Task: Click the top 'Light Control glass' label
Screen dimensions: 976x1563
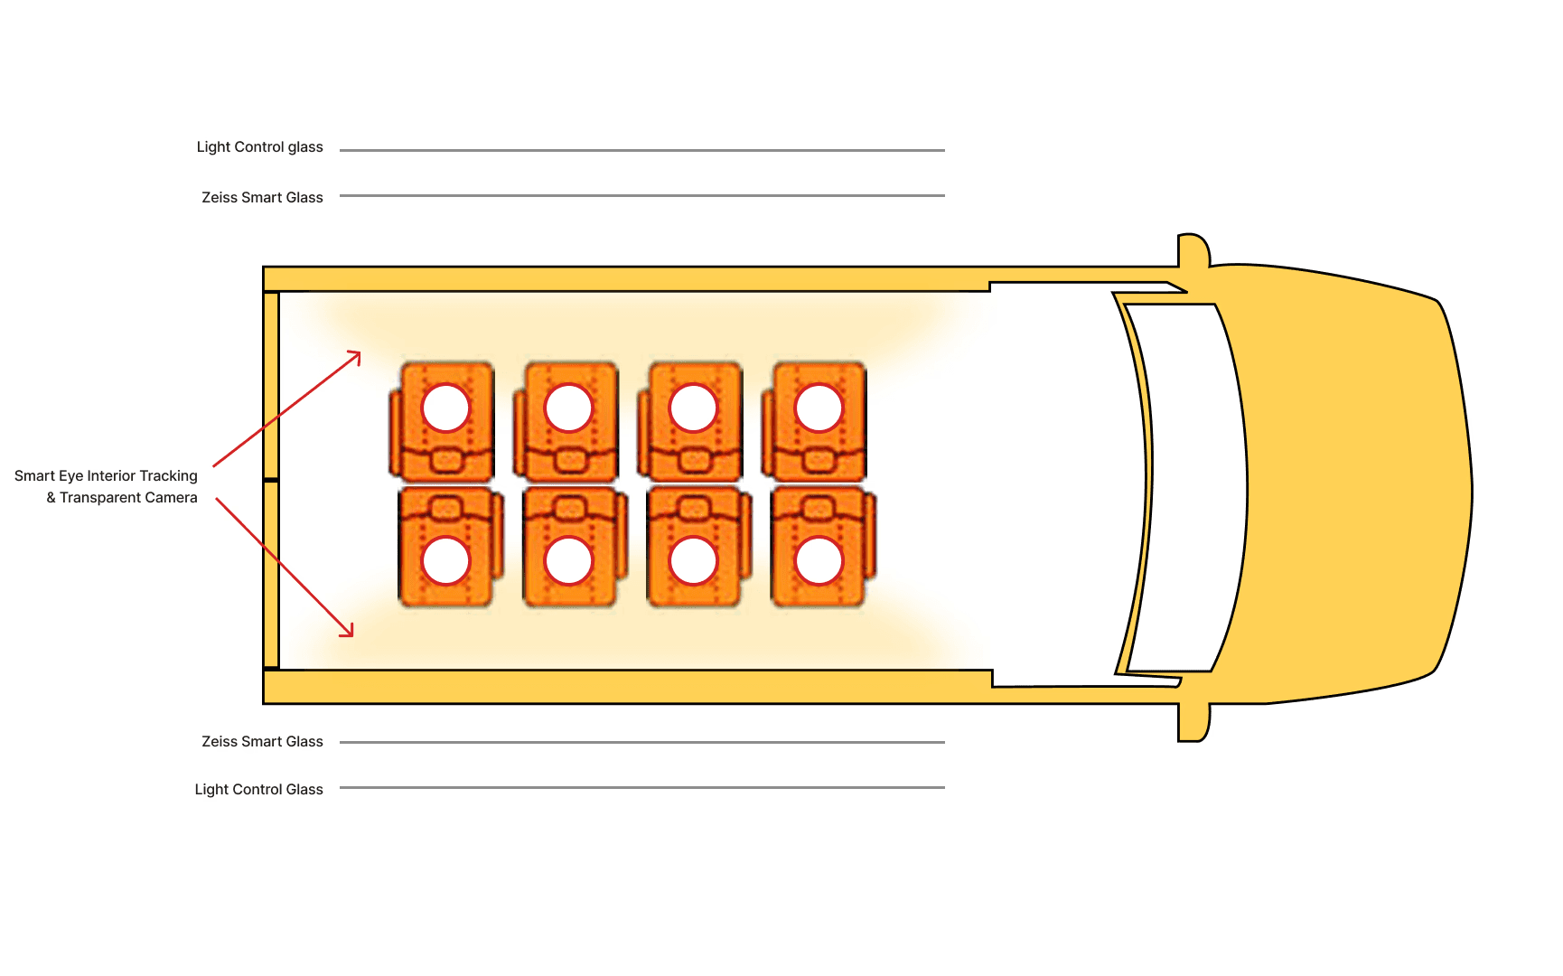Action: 259,147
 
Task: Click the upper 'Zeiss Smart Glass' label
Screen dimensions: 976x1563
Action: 262,197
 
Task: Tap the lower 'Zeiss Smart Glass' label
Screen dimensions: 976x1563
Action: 262,742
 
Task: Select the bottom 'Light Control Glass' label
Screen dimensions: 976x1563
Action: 258,790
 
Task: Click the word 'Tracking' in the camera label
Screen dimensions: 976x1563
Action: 168,476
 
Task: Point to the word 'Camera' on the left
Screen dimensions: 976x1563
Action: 171,498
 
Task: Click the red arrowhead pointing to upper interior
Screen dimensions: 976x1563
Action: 356,356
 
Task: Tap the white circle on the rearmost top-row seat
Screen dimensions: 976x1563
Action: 446,408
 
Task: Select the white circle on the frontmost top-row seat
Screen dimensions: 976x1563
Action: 819,408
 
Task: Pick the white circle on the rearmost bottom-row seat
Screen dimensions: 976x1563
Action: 446,561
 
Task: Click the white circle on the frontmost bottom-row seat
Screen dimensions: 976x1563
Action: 819,561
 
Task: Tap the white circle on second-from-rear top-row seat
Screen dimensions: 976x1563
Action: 568,408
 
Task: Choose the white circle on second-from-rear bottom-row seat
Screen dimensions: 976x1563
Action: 568,561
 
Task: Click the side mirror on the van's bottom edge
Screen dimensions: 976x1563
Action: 1193,723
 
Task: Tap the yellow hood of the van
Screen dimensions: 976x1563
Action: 1355,488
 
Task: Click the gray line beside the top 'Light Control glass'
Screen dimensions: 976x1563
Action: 641,150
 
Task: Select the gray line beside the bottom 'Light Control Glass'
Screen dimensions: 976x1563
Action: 641,788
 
